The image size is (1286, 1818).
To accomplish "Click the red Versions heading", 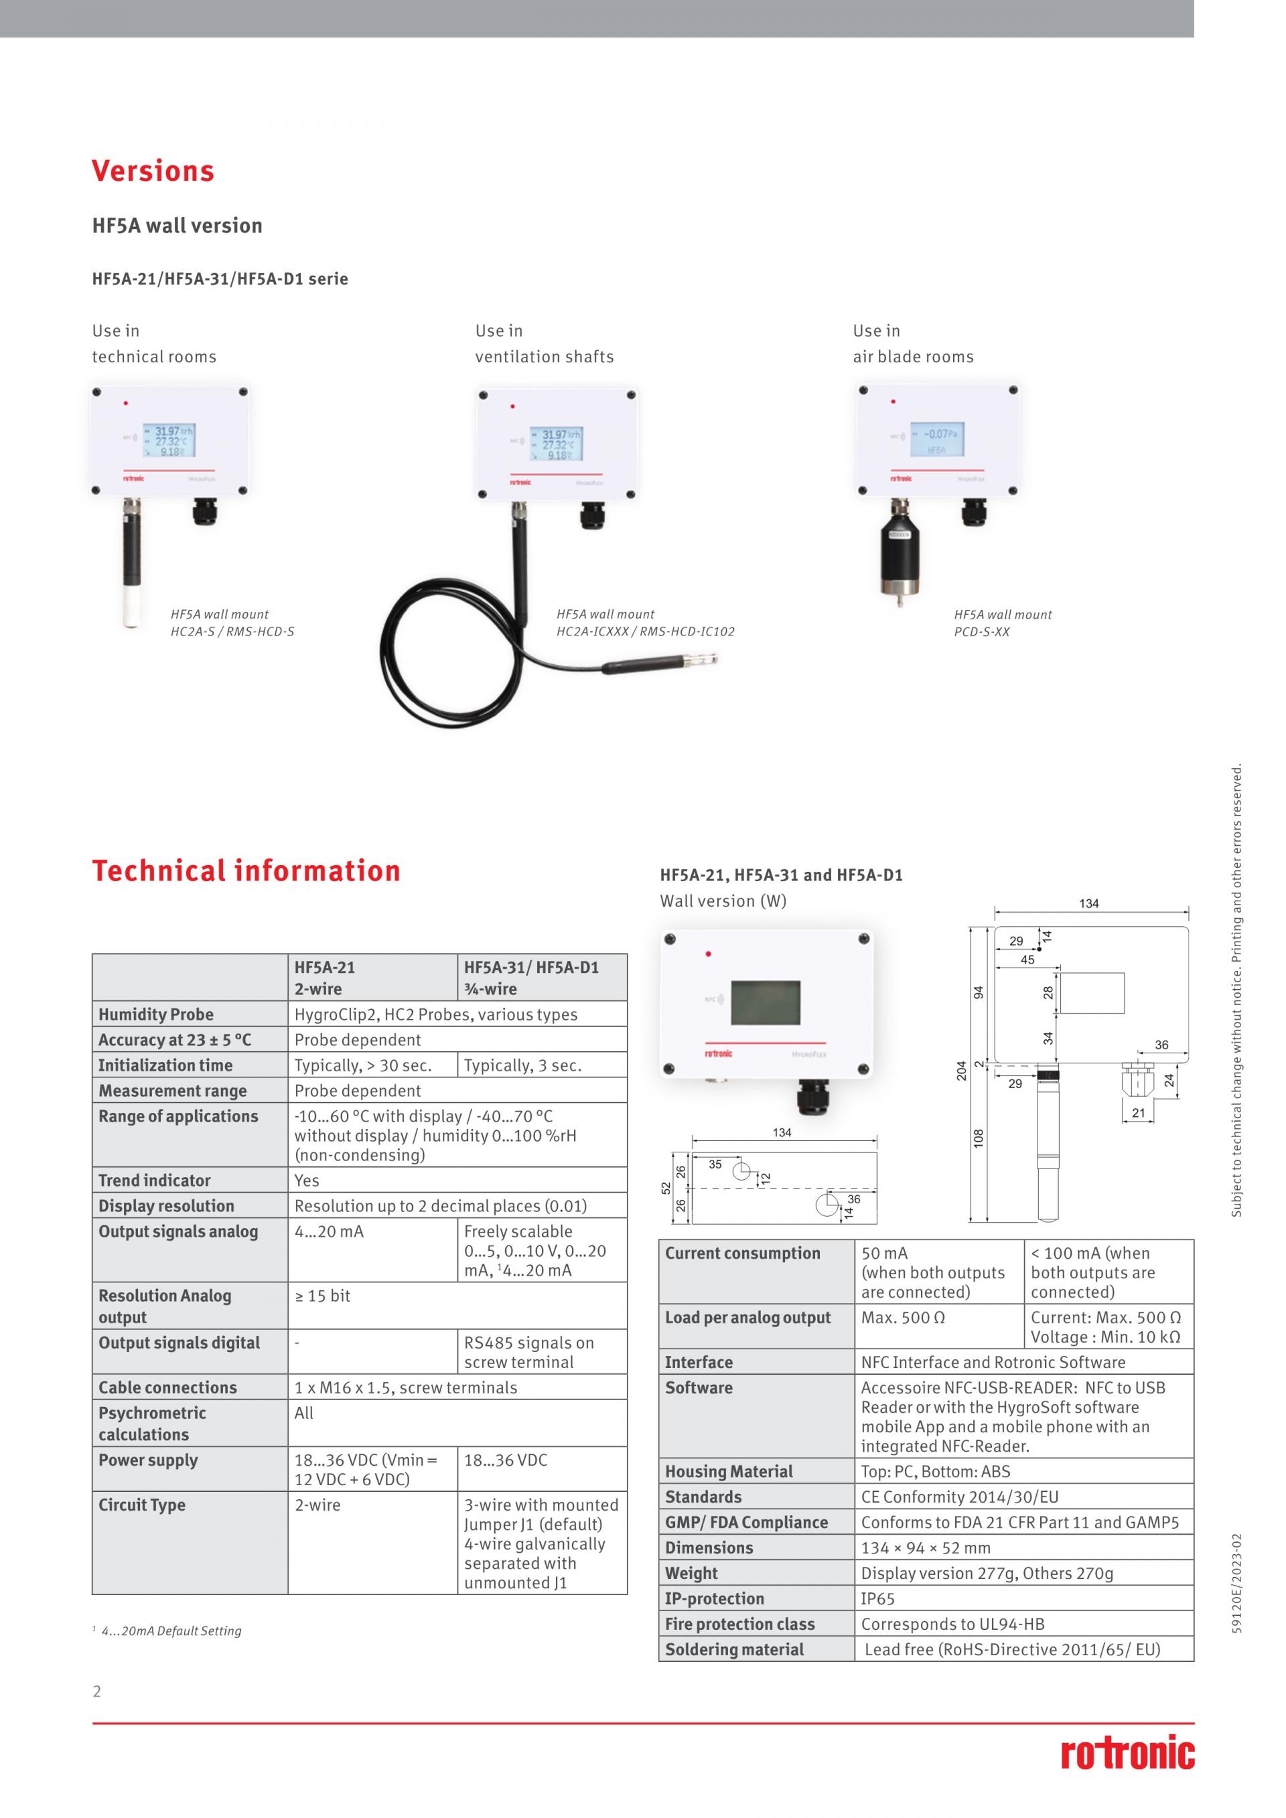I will click(x=153, y=171).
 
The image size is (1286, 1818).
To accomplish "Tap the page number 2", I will click(x=97, y=1691).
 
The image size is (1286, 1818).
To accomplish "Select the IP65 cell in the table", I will click(x=877, y=1598).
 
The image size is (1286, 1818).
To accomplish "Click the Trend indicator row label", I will click(x=155, y=1181).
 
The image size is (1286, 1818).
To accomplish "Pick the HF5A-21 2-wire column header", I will click(x=325, y=978).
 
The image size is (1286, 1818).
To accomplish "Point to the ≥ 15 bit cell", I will click(x=322, y=1296).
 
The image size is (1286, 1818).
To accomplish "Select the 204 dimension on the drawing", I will click(x=961, y=1071).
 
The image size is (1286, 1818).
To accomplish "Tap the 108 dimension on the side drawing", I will click(x=979, y=1138).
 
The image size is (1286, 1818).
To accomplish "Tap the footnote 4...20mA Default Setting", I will click(x=171, y=1631).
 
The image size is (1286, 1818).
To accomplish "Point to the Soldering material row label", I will click(x=734, y=1649).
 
